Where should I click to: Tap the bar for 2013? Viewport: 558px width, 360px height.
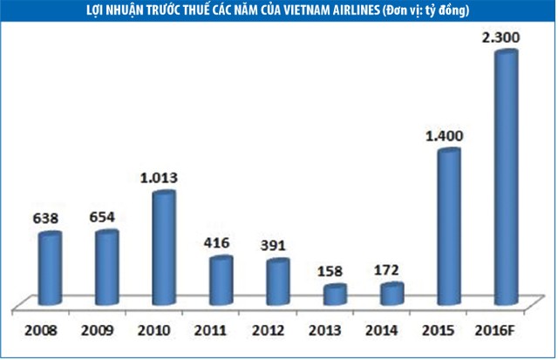(x=335, y=295)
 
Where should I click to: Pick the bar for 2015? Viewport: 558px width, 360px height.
(x=449, y=228)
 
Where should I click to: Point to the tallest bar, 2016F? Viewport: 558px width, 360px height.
(x=506, y=179)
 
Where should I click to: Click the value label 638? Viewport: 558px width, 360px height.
(x=46, y=216)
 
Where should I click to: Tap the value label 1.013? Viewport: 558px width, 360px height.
(x=162, y=178)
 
